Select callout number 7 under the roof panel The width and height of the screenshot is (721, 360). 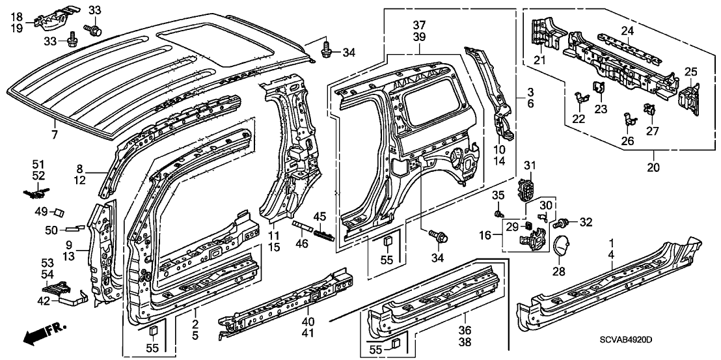click(55, 135)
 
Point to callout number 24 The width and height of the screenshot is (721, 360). click(627, 30)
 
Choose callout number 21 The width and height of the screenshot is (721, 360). click(539, 61)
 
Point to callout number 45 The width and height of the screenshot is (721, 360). click(320, 217)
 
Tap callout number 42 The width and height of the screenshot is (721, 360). click(44, 300)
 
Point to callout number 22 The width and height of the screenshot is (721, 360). click(578, 118)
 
